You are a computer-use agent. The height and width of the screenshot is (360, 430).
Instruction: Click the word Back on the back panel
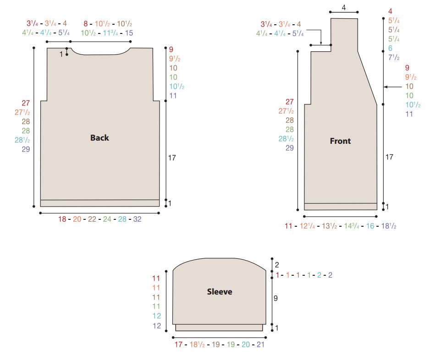[x=99, y=137]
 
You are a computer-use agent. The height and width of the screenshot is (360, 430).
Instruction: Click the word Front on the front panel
[x=340, y=141]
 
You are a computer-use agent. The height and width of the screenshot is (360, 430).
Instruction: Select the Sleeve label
[x=220, y=291]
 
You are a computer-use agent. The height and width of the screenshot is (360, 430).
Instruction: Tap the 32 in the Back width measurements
[x=138, y=219]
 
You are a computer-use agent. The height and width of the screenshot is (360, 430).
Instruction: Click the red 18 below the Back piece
[x=62, y=219]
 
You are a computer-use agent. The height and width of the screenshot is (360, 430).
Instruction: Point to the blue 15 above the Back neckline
[x=129, y=33]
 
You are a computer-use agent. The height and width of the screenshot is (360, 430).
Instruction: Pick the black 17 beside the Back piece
[x=172, y=158]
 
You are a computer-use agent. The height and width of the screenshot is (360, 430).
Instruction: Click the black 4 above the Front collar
[x=344, y=8]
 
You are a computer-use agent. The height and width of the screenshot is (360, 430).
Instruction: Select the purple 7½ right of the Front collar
[x=394, y=57]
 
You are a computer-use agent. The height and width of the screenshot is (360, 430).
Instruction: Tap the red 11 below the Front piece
[x=288, y=226]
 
